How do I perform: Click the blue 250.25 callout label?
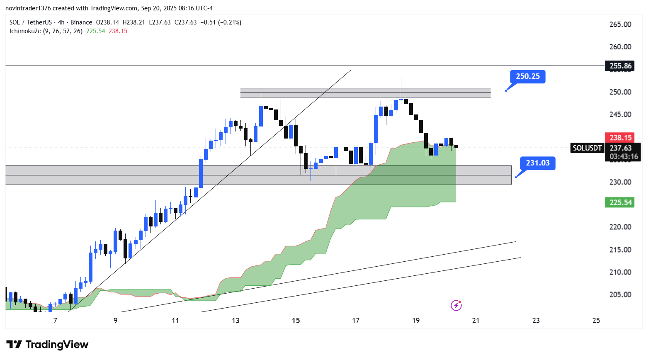[528, 76]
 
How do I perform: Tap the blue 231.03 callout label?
[538, 163]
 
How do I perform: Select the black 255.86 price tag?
[620, 66]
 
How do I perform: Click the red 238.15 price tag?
[620, 138]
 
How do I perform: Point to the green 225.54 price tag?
[620, 202]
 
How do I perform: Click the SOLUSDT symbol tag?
[587, 148]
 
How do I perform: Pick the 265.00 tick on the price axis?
[620, 24]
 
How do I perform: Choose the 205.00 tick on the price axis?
[620, 294]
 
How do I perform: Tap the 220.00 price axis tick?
[620, 227]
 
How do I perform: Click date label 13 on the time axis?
[235, 321]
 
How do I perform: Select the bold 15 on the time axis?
[296, 321]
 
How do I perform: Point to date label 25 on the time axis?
[596, 321]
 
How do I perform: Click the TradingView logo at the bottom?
[48, 345]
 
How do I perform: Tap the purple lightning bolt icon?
[456, 306]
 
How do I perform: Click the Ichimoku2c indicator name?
[25, 31]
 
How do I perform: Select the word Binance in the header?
[81, 22]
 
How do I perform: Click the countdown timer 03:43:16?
[624, 156]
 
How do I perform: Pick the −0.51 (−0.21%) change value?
[221, 22]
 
